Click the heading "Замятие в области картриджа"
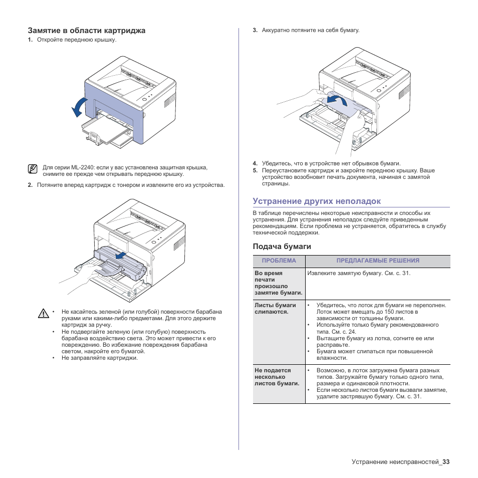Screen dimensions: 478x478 click(87, 31)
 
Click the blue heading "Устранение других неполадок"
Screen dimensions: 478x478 click(317, 201)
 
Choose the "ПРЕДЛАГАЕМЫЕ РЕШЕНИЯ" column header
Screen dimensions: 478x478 click(378, 261)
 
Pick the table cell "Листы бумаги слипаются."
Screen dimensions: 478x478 click(275, 308)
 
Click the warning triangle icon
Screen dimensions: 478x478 click(44, 314)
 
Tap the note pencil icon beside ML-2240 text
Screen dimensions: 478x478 click(33, 169)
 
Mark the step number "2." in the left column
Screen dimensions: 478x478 click(30, 185)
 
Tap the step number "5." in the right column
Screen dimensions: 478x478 click(255, 170)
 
